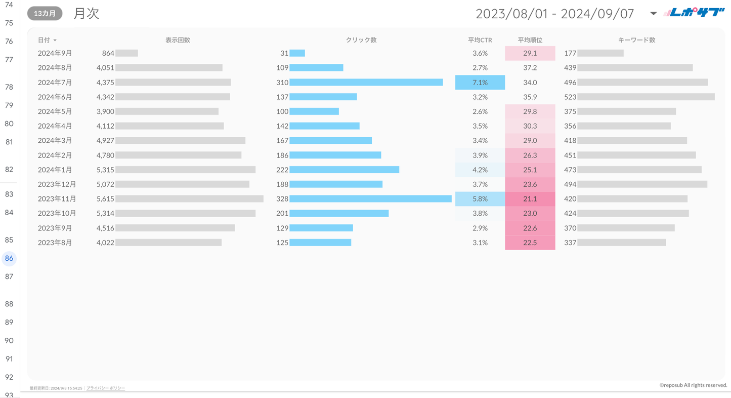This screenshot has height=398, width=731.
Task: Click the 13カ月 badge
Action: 45,14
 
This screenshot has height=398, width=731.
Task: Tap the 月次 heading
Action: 86,14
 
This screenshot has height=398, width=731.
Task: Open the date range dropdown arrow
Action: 653,14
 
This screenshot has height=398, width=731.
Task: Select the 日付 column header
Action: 45,40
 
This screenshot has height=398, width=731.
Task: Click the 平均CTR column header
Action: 480,40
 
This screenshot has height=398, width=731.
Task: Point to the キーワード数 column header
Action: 636,40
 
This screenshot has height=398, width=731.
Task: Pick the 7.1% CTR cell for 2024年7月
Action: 480,83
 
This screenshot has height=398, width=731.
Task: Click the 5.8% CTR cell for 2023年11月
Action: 480,199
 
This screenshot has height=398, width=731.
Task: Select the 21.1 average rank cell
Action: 530,199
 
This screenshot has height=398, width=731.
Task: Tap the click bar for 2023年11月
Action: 370,199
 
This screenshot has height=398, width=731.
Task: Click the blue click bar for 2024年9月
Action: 297,53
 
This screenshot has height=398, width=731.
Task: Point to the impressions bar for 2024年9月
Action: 126,53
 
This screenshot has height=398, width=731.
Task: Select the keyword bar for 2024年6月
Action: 646,97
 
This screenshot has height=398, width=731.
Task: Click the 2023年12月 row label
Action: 57,184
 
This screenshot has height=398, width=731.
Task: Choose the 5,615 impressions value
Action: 105,199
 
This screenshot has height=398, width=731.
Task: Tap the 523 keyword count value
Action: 570,97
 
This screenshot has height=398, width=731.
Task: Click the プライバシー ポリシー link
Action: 105,388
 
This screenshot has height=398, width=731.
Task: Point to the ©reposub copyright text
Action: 693,385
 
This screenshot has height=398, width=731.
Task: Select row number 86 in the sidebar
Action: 9,258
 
